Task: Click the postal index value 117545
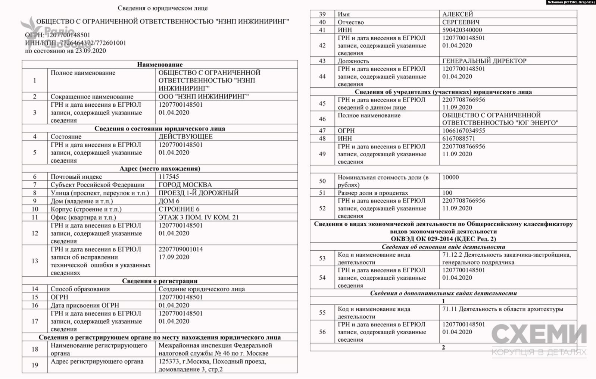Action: [169, 177]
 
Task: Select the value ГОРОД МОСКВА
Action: [185, 185]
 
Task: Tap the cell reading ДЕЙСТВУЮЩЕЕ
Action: [185, 137]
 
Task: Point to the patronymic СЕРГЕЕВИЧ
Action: [461, 22]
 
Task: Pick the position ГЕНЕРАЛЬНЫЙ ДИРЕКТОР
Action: [484, 61]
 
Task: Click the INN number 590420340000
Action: [462, 30]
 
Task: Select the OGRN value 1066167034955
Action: [464, 131]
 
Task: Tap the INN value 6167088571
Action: [459, 138]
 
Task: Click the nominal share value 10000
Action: [450, 178]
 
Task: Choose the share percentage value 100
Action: [447, 193]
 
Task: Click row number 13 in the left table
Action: [35, 261]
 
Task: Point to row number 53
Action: [322, 258]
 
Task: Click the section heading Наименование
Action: [160, 65]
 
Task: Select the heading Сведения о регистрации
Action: [160, 281]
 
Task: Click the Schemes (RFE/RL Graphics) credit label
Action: [571, 2]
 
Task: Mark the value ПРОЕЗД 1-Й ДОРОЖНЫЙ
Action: [199, 193]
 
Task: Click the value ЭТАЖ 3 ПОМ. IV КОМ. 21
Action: [199, 217]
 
